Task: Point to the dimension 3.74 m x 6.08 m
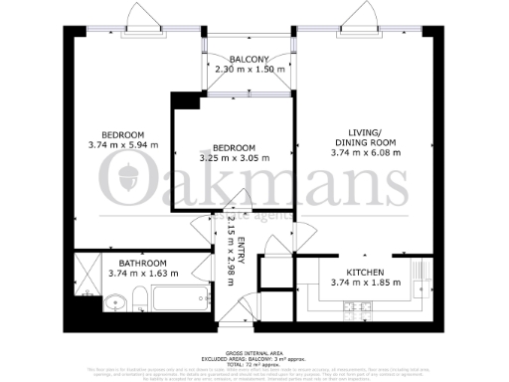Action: pos(365,153)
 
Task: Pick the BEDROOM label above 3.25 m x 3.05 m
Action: pos(235,147)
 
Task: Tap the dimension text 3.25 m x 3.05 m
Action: pos(235,159)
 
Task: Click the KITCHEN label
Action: pos(365,271)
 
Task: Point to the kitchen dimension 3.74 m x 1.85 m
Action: pos(365,283)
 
